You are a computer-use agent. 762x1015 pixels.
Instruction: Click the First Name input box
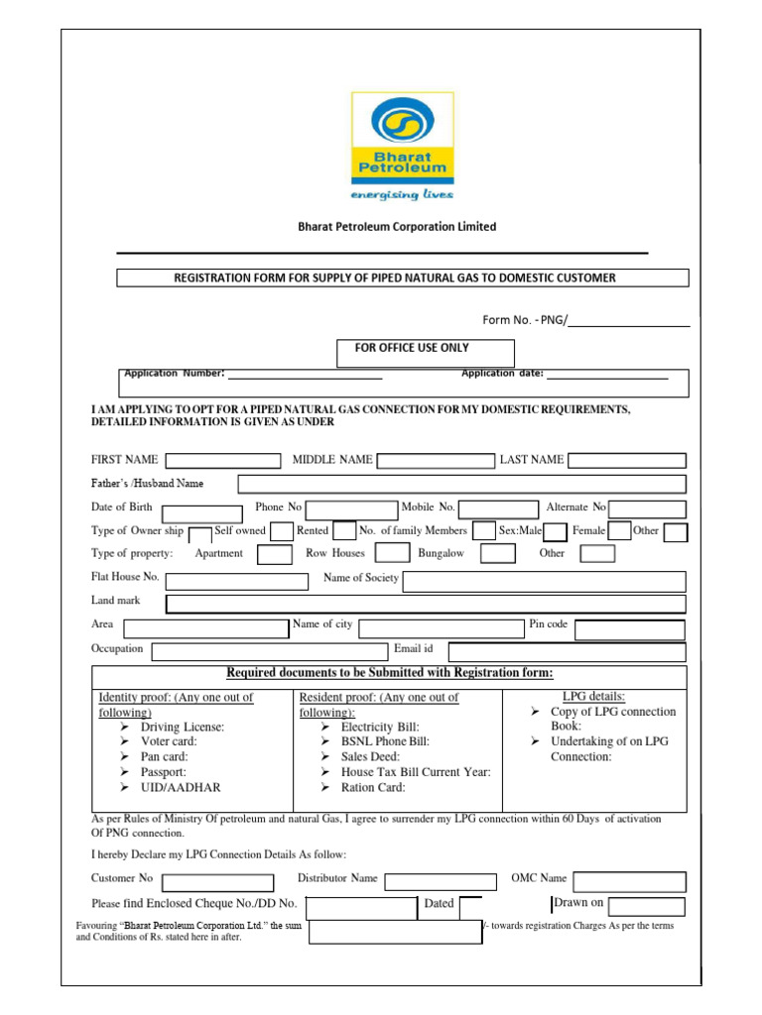point(223,460)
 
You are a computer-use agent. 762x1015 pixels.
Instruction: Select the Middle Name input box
point(436,460)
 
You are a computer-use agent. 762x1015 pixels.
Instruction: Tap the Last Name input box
point(626,460)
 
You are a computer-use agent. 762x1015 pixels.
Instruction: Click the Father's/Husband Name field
point(461,484)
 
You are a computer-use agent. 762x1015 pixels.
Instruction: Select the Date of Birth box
point(202,513)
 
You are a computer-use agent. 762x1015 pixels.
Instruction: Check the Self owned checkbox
point(282,532)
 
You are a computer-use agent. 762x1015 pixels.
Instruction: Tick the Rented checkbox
point(344,532)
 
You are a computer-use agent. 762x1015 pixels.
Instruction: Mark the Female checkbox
point(619,532)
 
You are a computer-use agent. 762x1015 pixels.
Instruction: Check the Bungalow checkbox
point(497,554)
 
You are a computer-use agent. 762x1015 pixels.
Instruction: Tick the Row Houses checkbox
point(393,554)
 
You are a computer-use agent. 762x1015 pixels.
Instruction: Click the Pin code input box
point(629,630)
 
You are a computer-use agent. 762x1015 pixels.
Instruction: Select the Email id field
point(566,651)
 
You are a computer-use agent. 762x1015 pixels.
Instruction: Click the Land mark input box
point(426,604)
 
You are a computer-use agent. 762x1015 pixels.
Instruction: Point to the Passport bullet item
point(164,771)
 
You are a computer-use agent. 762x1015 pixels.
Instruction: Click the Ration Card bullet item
point(372,787)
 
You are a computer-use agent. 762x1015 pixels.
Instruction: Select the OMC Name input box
point(629,881)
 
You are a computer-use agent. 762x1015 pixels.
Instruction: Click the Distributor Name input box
point(441,881)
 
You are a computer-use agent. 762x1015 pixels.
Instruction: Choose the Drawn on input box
point(646,906)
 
